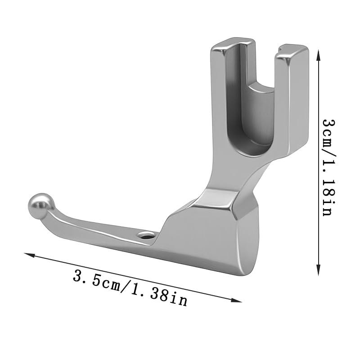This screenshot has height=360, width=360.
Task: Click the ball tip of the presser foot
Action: (x=40, y=206)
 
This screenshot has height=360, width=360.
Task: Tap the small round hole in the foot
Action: (x=145, y=235)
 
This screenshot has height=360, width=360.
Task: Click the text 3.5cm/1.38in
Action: (x=130, y=288)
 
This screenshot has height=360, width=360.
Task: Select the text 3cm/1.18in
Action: (x=329, y=167)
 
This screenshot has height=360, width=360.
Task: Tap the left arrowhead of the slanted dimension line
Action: (x=29, y=255)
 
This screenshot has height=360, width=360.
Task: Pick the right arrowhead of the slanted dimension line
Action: (x=237, y=300)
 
